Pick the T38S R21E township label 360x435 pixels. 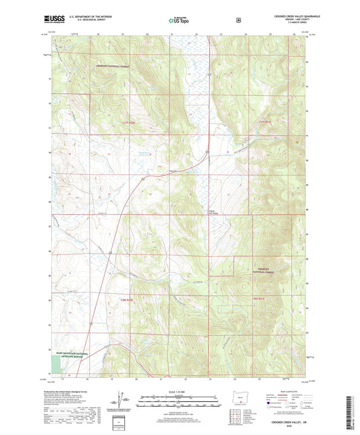tap(261, 300)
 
